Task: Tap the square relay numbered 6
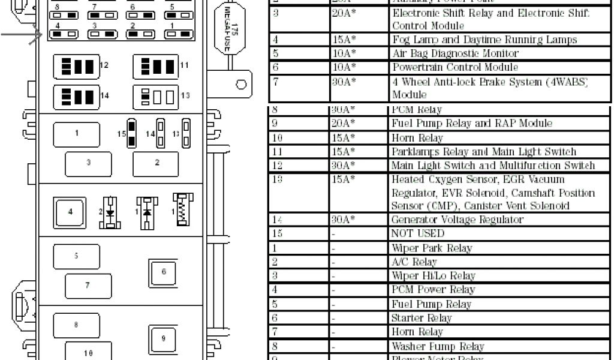(163, 272)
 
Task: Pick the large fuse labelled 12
(78, 66)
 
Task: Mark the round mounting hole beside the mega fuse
(241, 85)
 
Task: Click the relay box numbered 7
(88, 285)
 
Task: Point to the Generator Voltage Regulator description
(457, 220)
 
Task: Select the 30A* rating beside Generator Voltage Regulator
(344, 220)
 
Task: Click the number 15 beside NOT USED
(278, 233)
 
